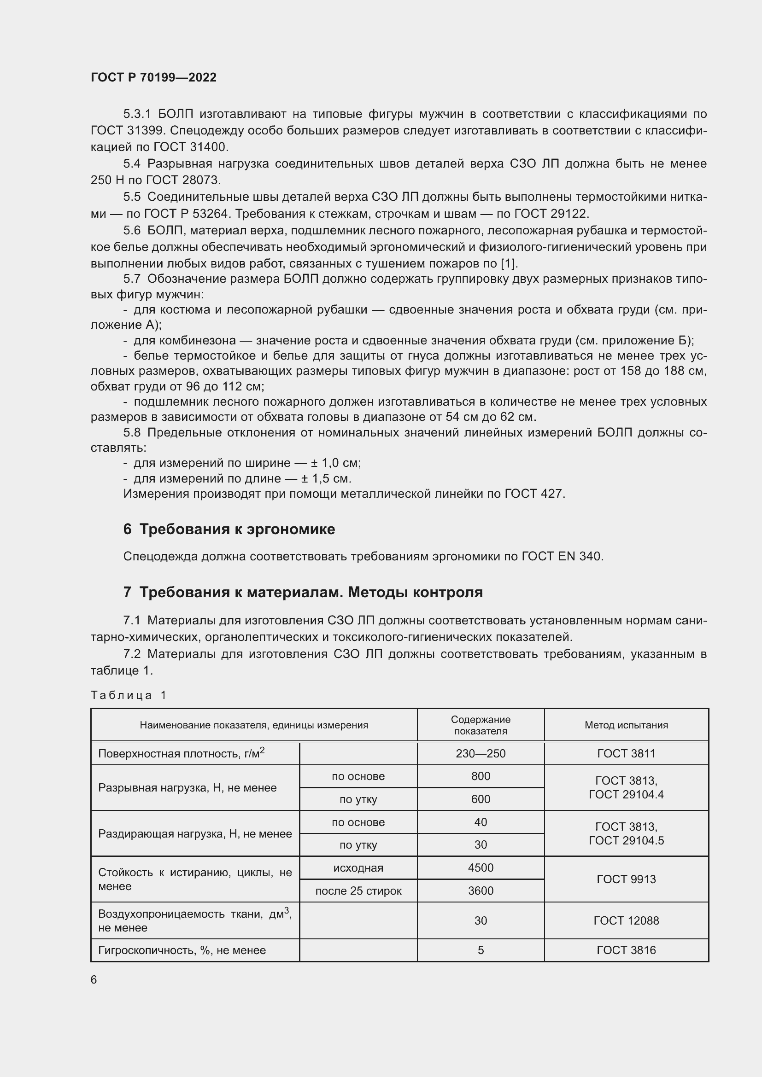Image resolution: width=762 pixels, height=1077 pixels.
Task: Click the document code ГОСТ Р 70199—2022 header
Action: pos(153,77)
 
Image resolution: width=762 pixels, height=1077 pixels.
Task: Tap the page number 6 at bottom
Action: pos(94,980)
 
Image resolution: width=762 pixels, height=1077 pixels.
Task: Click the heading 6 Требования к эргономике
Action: pos(229,529)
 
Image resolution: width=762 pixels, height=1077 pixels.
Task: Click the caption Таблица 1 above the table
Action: pos(129,695)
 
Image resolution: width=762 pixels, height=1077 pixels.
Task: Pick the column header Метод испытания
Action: pos(626,725)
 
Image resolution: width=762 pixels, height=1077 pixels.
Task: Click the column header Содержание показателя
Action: pos(481,725)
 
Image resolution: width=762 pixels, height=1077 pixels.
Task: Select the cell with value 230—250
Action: pos(481,754)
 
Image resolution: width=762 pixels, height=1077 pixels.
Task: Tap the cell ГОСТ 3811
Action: pos(626,754)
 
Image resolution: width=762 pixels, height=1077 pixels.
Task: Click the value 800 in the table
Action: pos(481,776)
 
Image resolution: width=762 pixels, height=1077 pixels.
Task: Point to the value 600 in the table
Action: pos(481,799)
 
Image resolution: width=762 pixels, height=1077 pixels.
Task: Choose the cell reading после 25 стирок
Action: pos(358,891)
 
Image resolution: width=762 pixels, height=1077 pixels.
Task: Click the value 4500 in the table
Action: pos(481,868)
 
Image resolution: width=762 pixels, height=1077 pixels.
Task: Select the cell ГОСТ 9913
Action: pos(626,879)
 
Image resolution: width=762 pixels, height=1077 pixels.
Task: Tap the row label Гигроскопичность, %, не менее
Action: pos(182,950)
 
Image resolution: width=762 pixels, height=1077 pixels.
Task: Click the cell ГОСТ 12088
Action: pos(626,921)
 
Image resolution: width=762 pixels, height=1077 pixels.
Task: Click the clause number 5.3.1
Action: pos(137,114)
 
